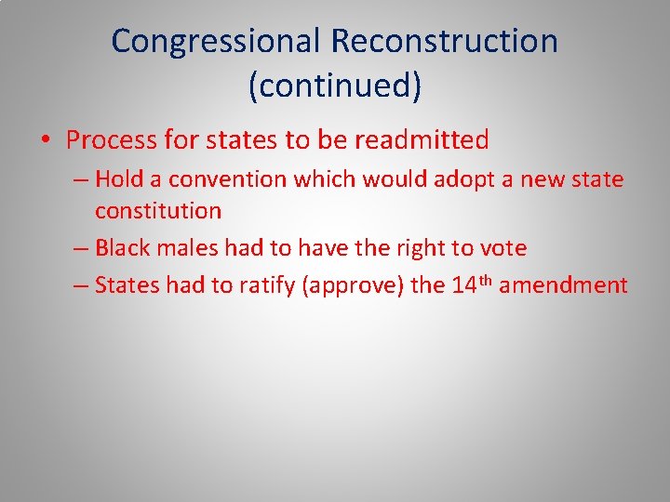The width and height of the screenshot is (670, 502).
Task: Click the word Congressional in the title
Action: pyautogui.click(x=217, y=42)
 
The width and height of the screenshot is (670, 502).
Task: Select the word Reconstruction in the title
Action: pyautogui.click(x=445, y=42)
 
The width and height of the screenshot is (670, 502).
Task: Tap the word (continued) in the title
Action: pyautogui.click(x=335, y=86)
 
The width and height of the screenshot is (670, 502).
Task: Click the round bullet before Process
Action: pyautogui.click(x=45, y=141)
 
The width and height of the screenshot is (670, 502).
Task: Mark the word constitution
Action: pyautogui.click(x=158, y=211)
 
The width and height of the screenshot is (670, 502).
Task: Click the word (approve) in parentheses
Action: pyautogui.click(x=354, y=285)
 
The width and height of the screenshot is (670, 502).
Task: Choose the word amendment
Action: pyautogui.click(x=563, y=285)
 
